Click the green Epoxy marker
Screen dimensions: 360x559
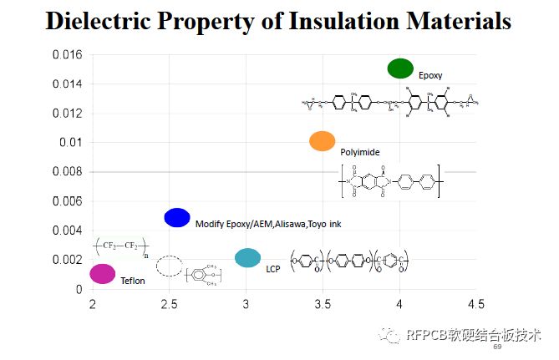click(x=400, y=68)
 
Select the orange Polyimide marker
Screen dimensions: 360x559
click(x=322, y=141)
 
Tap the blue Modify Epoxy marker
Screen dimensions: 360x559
click(x=176, y=218)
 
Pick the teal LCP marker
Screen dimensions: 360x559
click(x=247, y=258)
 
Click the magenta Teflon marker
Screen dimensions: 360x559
click(x=102, y=273)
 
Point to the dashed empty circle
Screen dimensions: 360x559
click(x=170, y=266)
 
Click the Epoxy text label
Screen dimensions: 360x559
click(x=430, y=75)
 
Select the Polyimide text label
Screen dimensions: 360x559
click(x=360, y=152)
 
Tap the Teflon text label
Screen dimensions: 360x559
click(x=132, y=281)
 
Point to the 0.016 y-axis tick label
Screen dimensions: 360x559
click(x=67, y=55)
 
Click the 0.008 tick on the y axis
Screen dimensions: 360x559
click(x=67, y=172)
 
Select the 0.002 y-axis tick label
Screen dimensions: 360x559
click(x=67, y=260)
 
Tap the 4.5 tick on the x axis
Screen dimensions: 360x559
click(x=476, y=303)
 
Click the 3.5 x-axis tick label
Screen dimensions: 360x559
click(x=323, y=303)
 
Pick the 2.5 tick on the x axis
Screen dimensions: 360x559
click(x=169, y=303)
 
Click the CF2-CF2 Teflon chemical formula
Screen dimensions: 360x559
click(x=122, y=246)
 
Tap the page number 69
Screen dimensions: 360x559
click(x=497, y=347)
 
